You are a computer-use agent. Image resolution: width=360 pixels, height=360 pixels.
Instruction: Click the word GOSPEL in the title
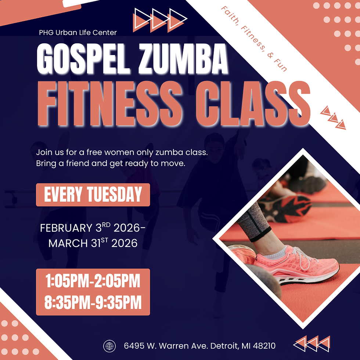(x=84, y=59)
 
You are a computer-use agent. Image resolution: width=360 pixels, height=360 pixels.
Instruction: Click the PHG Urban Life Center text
(x=78, y=33)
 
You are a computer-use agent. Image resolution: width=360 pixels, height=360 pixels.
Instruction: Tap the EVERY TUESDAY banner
(x=93, y=195)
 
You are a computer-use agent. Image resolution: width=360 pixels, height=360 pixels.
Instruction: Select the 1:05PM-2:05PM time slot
(x=93, y=282)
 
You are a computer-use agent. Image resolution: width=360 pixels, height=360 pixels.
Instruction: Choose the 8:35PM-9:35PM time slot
(x=93, y=303)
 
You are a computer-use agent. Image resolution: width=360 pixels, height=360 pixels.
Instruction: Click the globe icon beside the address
(x=109, y=346)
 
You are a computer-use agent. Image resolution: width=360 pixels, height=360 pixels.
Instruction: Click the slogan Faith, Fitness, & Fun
(x=253, y=39)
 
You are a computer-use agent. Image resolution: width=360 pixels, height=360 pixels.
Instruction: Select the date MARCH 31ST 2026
(x=93, y=243)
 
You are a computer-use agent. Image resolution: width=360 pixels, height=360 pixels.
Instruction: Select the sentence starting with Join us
(x=122, y=152)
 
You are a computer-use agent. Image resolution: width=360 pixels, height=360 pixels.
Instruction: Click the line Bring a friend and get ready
(x=110, y=163)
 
